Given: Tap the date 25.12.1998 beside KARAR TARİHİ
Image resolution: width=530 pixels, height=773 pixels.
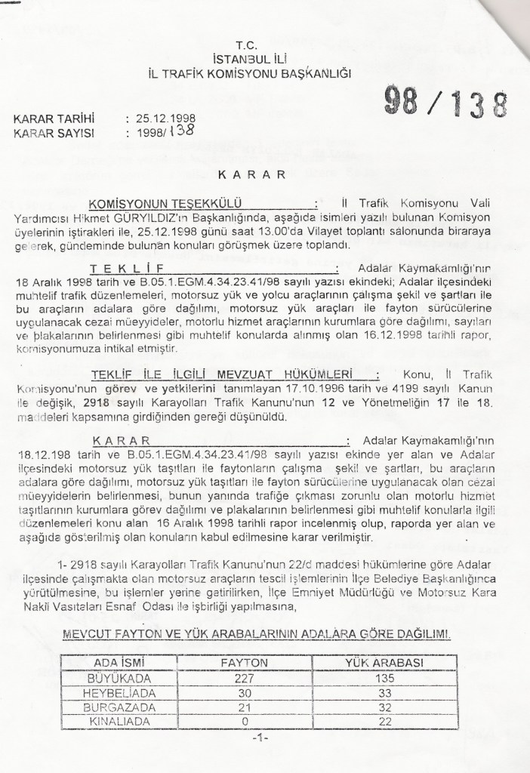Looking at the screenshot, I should (x=162, y=119).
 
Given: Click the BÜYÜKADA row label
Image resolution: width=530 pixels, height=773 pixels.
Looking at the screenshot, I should (x=114, y=677).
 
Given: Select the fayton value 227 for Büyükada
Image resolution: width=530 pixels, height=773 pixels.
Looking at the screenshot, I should (x=239, y=677).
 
